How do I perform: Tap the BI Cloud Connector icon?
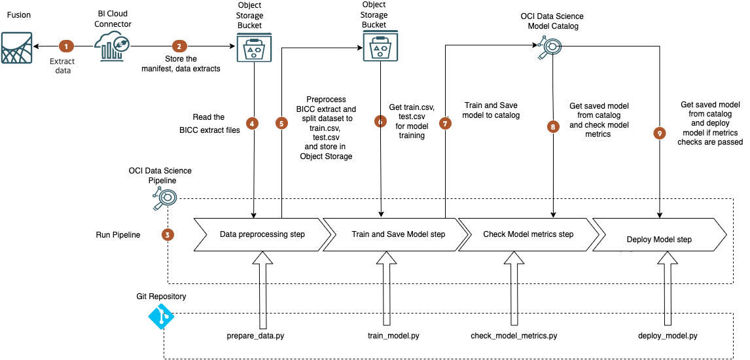click(x=113, y=46)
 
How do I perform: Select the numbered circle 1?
click(x=65, y=46)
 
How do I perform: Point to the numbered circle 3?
click(x=169, y=234)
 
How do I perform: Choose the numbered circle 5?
click(x=282, y=122)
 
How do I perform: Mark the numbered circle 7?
click(x=446, y=122)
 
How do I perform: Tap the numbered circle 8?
click(x=554, y=127)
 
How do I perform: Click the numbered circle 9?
click(x=659, y=133)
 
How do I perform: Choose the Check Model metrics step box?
click(x=527, y=234)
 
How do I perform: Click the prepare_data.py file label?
click(x=255, y=336)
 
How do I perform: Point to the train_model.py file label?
click(x=393, y=336)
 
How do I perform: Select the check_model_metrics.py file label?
click(x=514, y=336)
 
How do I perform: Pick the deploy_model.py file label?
click(x=668, y=336)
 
